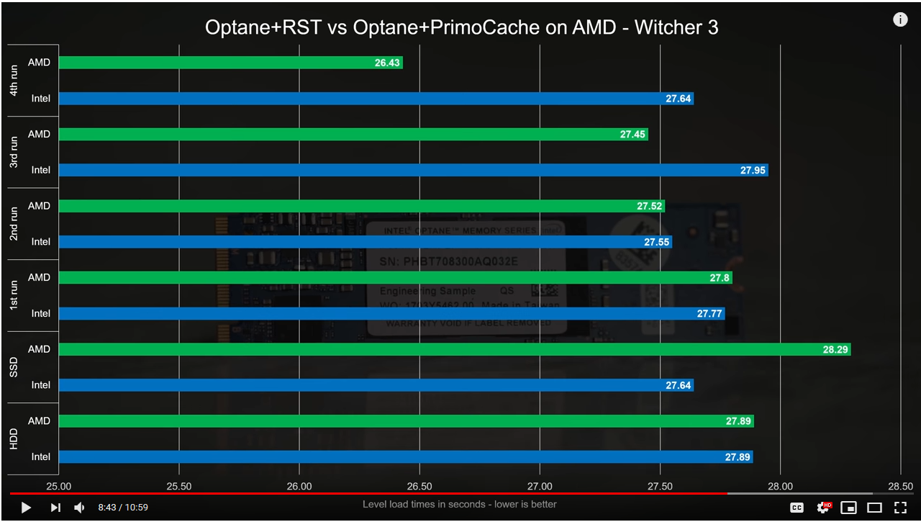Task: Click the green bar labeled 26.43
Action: coord(230,63)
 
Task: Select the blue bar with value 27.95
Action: coord(413,170)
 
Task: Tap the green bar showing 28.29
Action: coord(454,349)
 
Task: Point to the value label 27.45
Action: coord(632,135)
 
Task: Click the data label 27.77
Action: coord(709,314)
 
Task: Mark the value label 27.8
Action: coord(720,278)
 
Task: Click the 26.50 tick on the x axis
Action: coord(419,486)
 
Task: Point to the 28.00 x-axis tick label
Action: coord(781,486)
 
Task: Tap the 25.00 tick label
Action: coord(58,486)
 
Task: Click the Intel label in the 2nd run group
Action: coord(41,242)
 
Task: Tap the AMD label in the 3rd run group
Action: coord(39,135)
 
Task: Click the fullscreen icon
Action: coord(900,508)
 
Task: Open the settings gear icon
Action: coord(823,508)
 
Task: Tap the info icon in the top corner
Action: coord(900,19)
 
